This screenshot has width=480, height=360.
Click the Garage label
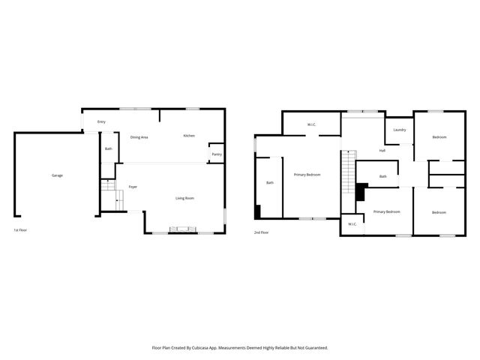pyautogui.click(x=57, y=175)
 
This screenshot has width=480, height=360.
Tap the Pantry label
pyautogui.click(x=216, y=154)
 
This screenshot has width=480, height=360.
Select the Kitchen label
pyautogui.click(x=189, y=136)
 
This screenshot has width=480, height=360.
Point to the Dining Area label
pyautogui.click(x=139, y=137)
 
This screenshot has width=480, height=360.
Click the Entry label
pyautogui.click(x=101, y=121)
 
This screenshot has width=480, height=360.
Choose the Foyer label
pyautogui.click(x=133, y=187)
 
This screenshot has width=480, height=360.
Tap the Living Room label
pyautogui.click(x=185, y=198)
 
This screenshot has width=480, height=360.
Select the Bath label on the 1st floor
pyautogui.click(x=109, y=148)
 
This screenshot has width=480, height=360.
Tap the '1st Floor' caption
pyautogui.click(x=21, y=230)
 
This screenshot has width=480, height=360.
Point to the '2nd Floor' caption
pyautogui.click(x=261, y=232)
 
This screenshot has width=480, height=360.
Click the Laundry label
pyautogui.click(x=400, y=130)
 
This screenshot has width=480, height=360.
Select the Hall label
pyautogui.click(x=382, y=151)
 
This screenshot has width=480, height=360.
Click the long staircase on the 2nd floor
pyautogui.click(x=346, y=171)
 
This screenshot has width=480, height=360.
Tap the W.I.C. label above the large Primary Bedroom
pyautogui.click(x=312, y=124)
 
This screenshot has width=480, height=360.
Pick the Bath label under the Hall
pyautogui.click(x=382, y=176)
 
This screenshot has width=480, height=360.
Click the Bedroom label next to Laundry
pyautogui.click(x=439, y=137)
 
